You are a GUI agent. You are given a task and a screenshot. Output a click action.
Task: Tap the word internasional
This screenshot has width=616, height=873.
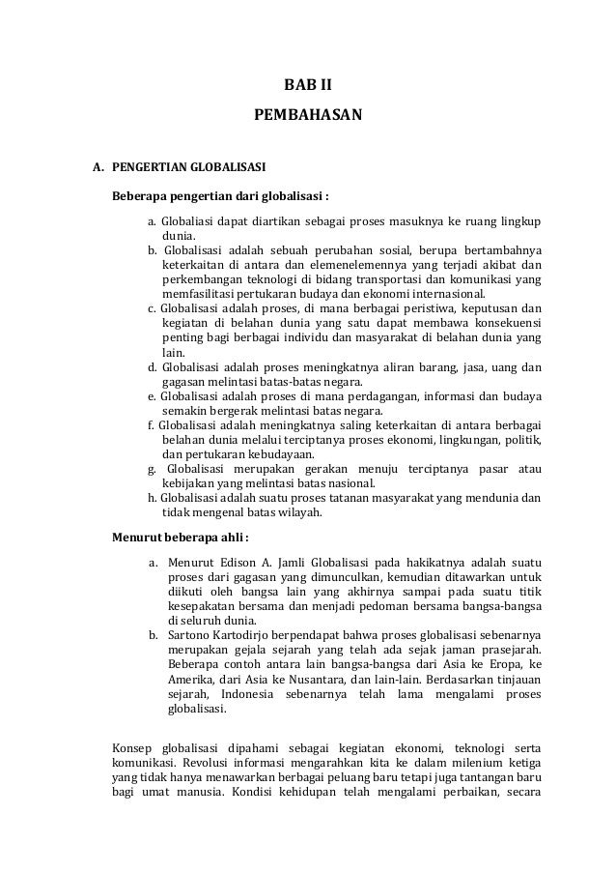pos(445,295)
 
